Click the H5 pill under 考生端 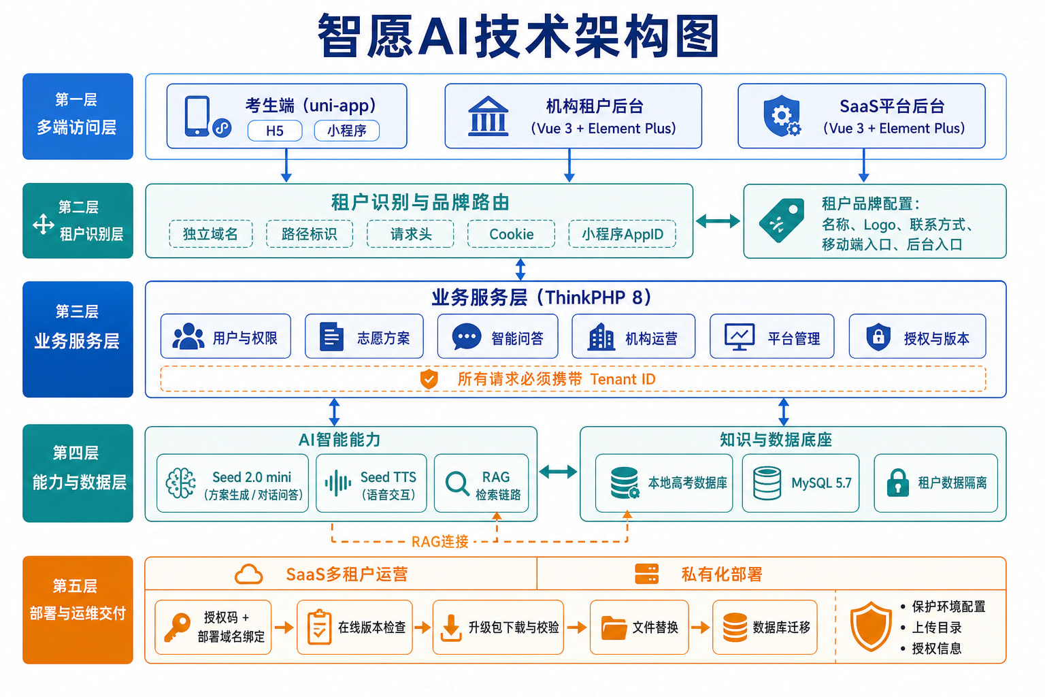(275, 131)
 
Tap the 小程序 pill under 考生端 (346, 131)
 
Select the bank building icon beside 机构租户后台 (488, 116)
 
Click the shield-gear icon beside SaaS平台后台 (782, 116)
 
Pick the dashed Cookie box (512, 234)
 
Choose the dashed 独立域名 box (211, 234)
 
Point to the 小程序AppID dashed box (623, 234)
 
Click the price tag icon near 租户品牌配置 (782, 221)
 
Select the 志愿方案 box (365, 336)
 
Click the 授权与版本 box (917, 336)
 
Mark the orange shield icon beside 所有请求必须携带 (429, 379)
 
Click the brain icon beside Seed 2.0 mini (181, 483)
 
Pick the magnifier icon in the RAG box (457, 483)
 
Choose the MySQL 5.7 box (801, 483)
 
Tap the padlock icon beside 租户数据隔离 (897, 483)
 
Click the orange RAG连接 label (440, 542)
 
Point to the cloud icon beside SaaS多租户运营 (248, 574)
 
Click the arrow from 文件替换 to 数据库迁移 (700, 628)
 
